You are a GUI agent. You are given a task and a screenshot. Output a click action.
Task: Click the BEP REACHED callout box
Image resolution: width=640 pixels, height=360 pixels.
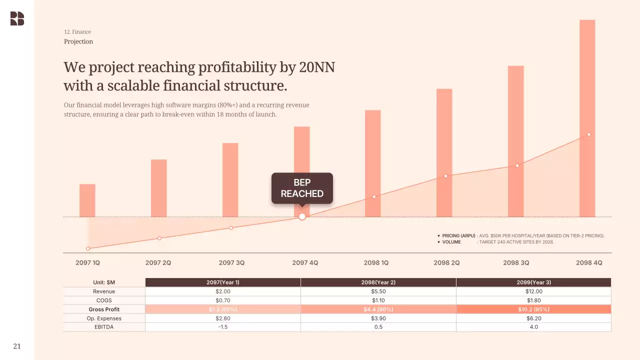coord(302,188)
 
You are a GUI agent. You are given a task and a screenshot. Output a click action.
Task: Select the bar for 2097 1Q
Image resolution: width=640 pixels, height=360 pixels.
coord(87,200)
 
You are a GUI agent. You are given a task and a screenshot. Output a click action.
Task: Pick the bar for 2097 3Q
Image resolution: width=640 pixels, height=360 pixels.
coord(230,180)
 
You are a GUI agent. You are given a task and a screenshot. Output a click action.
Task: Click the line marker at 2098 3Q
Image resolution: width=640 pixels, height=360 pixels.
coord(517,165)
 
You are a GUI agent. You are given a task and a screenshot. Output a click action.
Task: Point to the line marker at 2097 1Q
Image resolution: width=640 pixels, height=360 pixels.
coord(88,248)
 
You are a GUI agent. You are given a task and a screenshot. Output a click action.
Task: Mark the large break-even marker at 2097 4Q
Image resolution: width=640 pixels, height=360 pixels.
coord(302,216)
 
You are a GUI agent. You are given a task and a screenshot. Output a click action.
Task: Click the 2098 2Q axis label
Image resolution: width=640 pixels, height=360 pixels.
coord(446,262)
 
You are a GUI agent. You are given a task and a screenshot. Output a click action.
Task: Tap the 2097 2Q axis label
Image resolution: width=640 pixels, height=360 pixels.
coord(158,262)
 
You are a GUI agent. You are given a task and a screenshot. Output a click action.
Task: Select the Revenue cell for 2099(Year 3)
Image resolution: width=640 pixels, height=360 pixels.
coord(533,291)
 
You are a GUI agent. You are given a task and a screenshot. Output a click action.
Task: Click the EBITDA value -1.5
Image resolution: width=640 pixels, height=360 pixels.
coord(223,327)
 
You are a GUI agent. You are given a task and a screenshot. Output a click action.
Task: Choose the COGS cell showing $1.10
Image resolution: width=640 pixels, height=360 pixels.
coord(378,300)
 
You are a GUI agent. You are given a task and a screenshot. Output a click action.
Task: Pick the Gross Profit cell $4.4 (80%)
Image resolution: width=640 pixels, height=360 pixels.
coord(378,309)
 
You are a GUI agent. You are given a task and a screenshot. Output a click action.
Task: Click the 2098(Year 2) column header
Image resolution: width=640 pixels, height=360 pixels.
coord(378,282)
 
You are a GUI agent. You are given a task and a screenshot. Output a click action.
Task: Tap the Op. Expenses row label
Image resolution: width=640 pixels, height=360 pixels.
coord(104,318)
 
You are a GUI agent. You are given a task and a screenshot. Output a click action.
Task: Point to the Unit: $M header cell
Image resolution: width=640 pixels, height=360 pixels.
coord(104,282)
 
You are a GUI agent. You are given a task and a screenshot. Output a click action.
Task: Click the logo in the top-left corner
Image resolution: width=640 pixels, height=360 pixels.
coord(17,18)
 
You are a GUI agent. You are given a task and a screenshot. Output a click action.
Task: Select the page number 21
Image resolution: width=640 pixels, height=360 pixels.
coord(17,346)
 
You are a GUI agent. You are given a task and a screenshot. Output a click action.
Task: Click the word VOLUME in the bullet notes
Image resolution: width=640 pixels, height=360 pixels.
coord(451,242)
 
